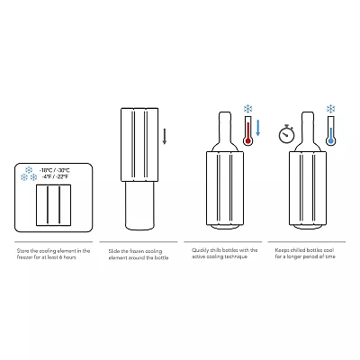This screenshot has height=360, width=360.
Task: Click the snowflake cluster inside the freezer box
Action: (28, 172)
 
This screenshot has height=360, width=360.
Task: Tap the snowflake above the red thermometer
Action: (247, 109)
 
